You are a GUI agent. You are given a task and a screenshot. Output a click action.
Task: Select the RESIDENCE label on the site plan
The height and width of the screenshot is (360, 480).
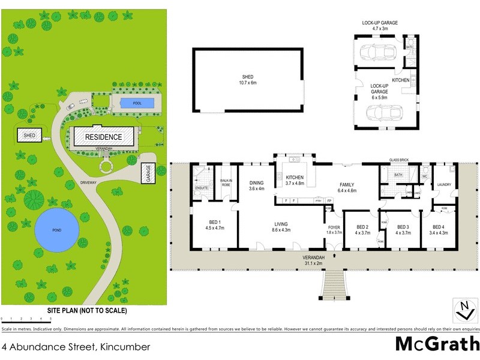pos(103,137)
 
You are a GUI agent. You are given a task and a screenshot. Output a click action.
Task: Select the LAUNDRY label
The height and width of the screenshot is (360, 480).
pos(445,184)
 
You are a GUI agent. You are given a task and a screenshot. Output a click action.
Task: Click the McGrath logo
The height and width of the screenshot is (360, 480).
pos(437,343)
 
